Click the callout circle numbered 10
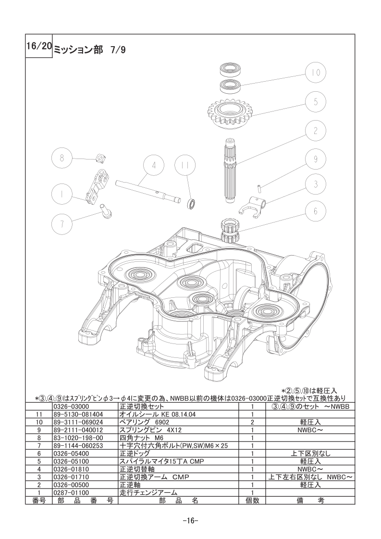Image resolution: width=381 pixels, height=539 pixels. (x=316, y=73)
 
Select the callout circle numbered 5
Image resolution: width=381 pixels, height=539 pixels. (x=316, y=102)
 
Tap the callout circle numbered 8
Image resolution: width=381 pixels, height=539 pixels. (x=62, y=159)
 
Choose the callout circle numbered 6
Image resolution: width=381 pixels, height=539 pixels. (x=316, y=210)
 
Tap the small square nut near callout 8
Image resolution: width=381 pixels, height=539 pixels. (x=99, y=158)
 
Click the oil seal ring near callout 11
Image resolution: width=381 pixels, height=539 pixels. (x=192, y=204)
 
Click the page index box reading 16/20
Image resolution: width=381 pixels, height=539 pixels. (x=39, y=46)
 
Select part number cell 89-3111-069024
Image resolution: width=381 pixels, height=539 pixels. (x=78, y=422)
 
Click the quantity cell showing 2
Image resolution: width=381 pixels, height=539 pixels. (x=252, y=422)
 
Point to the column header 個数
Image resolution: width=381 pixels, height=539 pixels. (x=252, y=501)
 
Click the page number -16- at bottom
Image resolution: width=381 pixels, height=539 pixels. (x=190, y=520)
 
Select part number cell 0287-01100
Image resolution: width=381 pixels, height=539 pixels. (x=72, y=492)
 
